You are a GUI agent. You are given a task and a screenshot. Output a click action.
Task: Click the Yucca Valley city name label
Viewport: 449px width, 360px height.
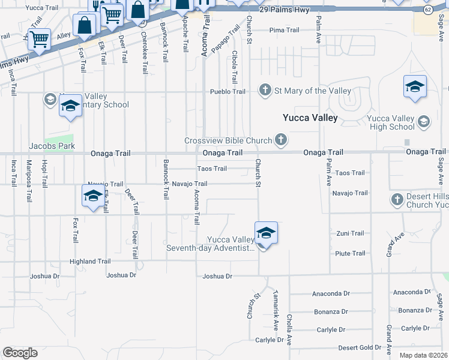[310, 118]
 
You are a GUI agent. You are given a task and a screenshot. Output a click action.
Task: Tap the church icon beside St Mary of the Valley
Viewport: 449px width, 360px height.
[265, 91]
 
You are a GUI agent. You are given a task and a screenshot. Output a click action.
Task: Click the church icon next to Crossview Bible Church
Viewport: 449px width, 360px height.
[280, 140]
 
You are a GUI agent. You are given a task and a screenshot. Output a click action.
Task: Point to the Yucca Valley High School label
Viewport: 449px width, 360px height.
[385, 122]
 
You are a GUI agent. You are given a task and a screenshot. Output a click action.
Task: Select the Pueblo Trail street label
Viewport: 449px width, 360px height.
[228, 92]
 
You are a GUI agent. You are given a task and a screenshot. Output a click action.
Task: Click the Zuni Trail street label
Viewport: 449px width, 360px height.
[350, 233]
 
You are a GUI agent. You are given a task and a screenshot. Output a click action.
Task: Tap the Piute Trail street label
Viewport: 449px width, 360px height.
[350, 253]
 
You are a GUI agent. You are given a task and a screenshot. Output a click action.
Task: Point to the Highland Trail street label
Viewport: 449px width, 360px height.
[90, 262]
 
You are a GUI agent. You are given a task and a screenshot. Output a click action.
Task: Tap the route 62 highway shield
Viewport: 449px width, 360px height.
[427, 10]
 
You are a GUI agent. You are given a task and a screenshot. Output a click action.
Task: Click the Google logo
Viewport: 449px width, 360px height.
[20, 353]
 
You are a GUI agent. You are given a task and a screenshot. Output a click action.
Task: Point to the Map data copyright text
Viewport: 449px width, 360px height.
[423, 355]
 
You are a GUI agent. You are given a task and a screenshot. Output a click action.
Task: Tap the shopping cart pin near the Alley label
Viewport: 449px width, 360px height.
[39, 41]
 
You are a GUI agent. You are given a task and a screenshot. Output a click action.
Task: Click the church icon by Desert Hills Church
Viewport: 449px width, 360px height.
[397, 199]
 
